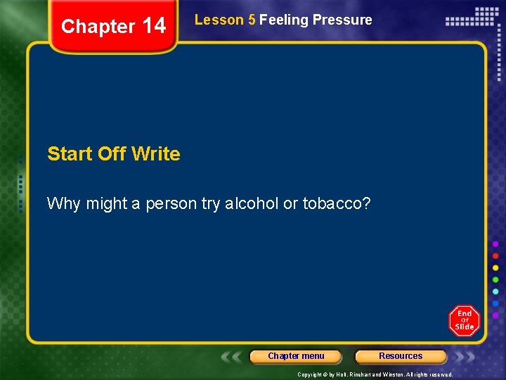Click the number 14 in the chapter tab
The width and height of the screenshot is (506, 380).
[x=154, y=27]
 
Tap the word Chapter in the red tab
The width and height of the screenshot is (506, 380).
[x=98, y=27]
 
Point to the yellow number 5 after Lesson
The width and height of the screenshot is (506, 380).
[x=252, y=20]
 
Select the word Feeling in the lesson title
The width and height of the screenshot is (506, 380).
[x=284, y=20]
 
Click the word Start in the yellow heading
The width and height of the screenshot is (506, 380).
[x=70, y=153]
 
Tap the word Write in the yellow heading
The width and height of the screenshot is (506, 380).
[x=155, y=153]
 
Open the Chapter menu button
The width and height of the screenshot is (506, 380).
[x=296, y=356]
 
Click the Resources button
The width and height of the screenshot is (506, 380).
[x=401, y=356]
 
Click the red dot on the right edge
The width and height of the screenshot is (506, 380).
[x=495, y=255]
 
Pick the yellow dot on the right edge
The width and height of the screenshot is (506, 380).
[x=495, y=268]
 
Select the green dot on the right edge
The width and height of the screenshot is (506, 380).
[x=495, y=280]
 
